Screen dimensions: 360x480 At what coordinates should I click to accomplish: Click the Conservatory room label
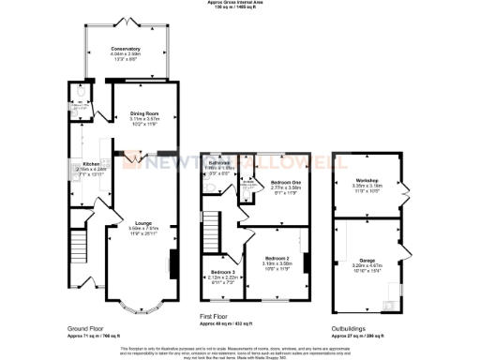[x=125, y=48]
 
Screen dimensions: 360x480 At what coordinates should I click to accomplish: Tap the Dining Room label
[x=144, y=113]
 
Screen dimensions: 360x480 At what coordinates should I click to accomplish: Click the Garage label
[x=366, y=260]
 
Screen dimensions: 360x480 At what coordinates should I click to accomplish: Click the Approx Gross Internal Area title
[x=240, y=4]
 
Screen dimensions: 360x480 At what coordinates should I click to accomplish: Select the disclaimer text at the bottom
[x=240, y=350]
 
